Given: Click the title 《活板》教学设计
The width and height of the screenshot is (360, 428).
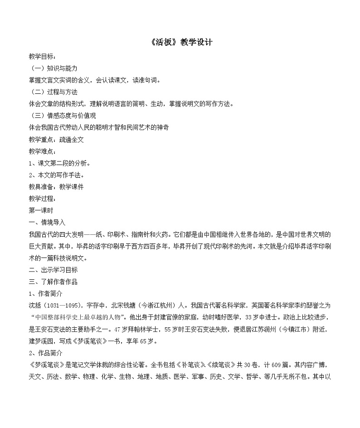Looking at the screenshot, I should click(180, 43).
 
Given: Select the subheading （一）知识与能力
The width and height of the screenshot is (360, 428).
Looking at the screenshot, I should click(53, 68).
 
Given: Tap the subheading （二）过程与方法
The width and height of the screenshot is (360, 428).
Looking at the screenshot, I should click(53, 92).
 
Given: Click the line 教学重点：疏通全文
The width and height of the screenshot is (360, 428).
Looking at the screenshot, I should click(56, 140).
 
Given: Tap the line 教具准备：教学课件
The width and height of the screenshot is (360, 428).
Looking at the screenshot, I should click(56, 187).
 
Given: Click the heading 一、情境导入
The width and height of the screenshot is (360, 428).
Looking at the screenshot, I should click(47, 222).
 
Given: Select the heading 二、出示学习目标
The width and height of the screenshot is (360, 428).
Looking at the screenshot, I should click(53, 270).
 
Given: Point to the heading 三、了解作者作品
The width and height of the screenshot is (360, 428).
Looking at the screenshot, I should click(53, 282).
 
